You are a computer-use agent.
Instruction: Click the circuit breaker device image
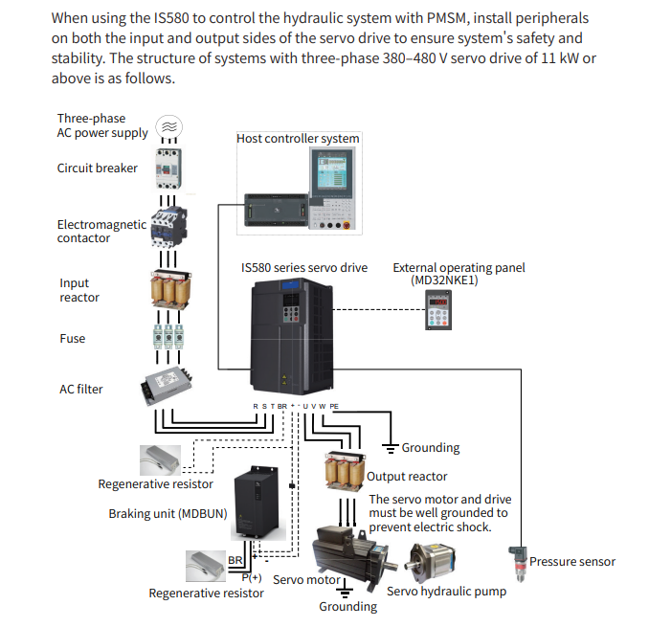(x=168, y=169)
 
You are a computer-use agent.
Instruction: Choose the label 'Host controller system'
(x=298, y=139)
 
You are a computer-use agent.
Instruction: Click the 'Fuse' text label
(x=73, y=339)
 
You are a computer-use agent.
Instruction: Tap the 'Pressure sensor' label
(x=572, y=562)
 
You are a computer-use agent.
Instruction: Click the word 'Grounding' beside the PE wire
(x=430, y=448)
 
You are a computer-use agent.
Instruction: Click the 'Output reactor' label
(x=408, y=477)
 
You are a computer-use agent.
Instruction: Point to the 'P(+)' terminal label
(x=252, y=578)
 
